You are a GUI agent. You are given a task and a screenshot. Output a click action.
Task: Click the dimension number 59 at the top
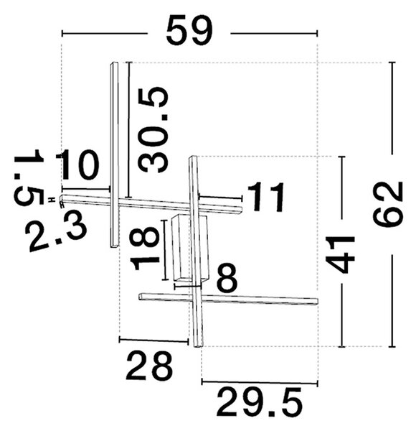[189, 30]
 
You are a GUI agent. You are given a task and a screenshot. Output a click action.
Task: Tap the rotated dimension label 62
[388, 205]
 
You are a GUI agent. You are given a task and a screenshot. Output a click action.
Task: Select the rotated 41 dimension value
[340, 254]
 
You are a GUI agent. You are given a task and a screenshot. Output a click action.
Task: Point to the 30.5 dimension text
[153, 130]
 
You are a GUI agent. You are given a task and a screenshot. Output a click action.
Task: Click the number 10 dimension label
[77, 164]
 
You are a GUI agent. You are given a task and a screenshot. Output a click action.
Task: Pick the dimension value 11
[265, 197]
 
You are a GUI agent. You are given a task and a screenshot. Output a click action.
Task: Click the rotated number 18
[145, 249]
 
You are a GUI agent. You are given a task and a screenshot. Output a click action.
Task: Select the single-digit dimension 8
[227, 278]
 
